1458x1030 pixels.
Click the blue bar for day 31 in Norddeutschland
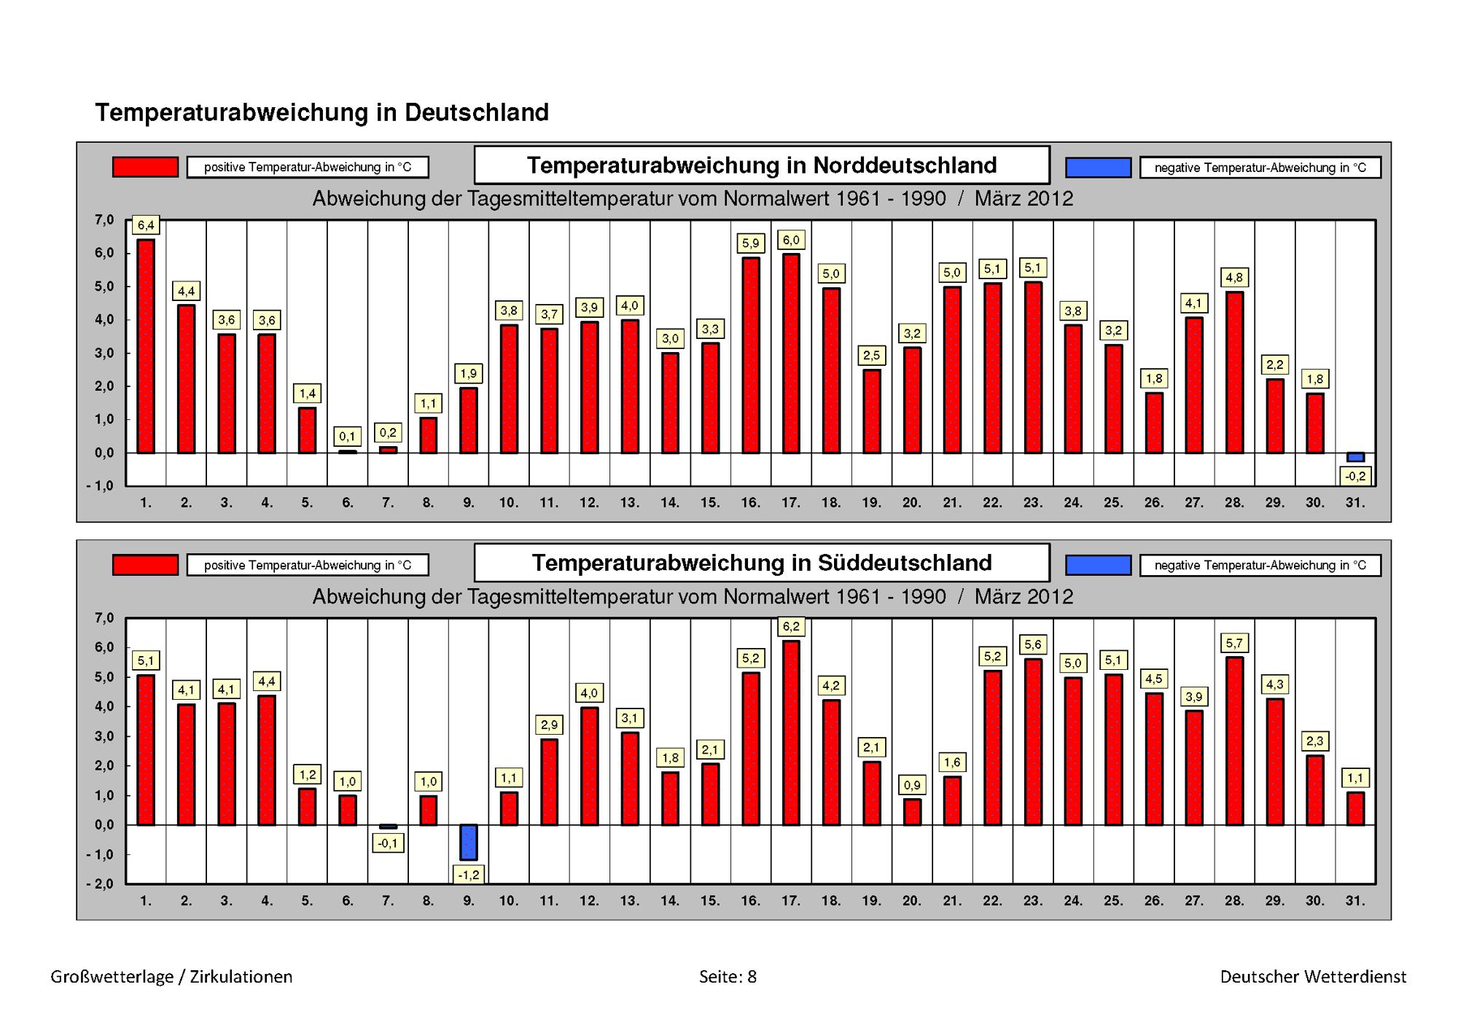coord(1355,457)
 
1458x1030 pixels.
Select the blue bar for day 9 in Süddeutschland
coord(469,842)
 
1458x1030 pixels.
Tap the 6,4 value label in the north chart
coord(146,226)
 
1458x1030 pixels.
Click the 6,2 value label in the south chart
coord(791,626)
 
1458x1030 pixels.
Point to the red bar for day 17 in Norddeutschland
coord(791,354)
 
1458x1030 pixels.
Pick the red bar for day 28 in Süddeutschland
coord(1234,741)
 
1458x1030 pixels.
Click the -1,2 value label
coord(469,874)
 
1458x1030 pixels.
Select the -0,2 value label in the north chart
coord(1355,477)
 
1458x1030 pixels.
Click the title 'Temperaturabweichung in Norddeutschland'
coord(762,165)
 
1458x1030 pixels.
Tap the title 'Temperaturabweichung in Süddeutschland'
coord(762,563)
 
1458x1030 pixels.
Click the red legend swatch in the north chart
coord(145,167)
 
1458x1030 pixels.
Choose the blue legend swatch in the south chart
coord(1098,565)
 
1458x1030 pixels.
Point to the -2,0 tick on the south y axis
coord(100,884)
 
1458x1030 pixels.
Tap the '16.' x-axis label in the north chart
coord(750,503)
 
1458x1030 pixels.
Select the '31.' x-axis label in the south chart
coord(1355,901)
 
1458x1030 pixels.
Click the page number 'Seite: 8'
coord(728,977)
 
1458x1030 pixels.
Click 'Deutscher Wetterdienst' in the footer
coord(1314,977)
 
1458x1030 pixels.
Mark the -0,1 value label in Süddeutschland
coord(388,843)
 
